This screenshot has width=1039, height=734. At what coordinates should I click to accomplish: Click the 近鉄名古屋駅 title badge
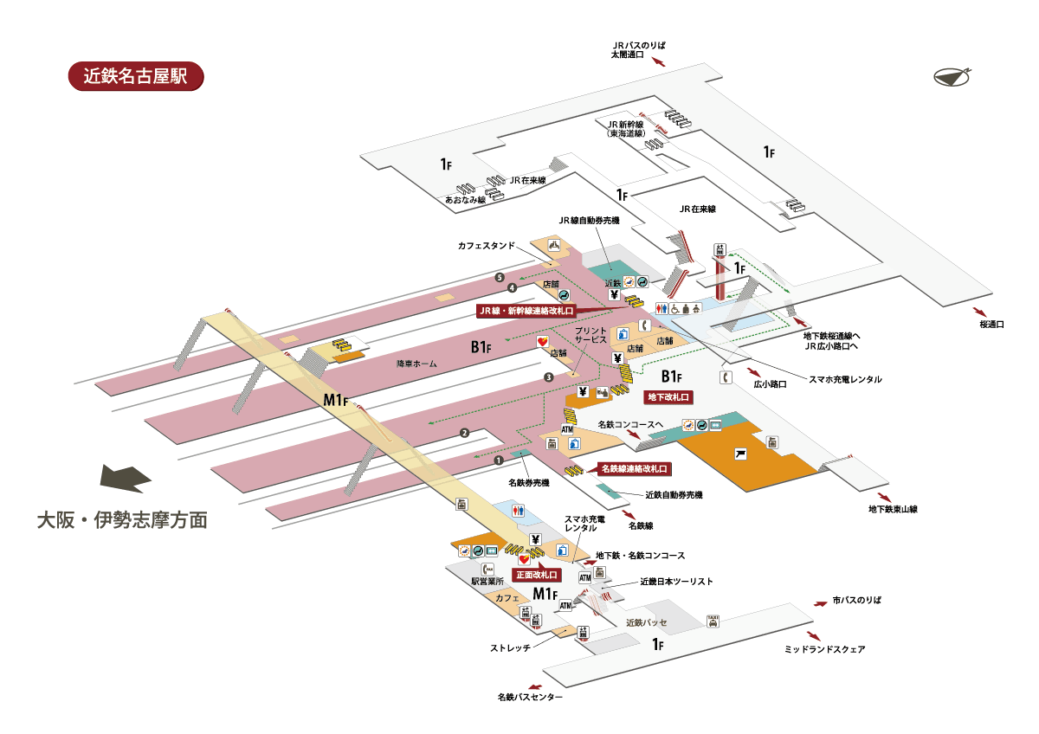point(135,75)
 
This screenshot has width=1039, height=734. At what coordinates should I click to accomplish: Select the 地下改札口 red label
point(670,397)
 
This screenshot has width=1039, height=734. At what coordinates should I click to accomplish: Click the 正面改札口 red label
point(537,574)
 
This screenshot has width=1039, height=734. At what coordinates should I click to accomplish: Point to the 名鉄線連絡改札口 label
point(635,468)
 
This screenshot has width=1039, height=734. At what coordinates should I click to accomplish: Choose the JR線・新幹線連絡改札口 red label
point(526,309)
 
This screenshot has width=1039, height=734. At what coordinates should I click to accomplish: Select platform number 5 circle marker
point(500,277)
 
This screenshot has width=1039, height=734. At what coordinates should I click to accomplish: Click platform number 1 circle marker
point(499,460)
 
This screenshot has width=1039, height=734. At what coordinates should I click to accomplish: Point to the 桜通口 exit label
point(991,325)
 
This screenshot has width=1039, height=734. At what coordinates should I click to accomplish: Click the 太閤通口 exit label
point(627,55)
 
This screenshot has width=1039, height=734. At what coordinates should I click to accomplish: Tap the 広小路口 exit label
point(769,384)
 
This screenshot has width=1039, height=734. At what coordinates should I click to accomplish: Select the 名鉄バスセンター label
point(530,697)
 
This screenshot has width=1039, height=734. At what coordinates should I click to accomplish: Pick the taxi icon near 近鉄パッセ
point(713,620)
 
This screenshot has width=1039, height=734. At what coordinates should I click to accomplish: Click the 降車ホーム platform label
point(416,364)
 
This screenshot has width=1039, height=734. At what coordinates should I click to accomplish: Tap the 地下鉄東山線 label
point(894,509)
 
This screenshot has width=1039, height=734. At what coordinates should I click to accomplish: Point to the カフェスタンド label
point(487,245)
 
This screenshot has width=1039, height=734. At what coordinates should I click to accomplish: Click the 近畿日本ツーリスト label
point(676,582)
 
